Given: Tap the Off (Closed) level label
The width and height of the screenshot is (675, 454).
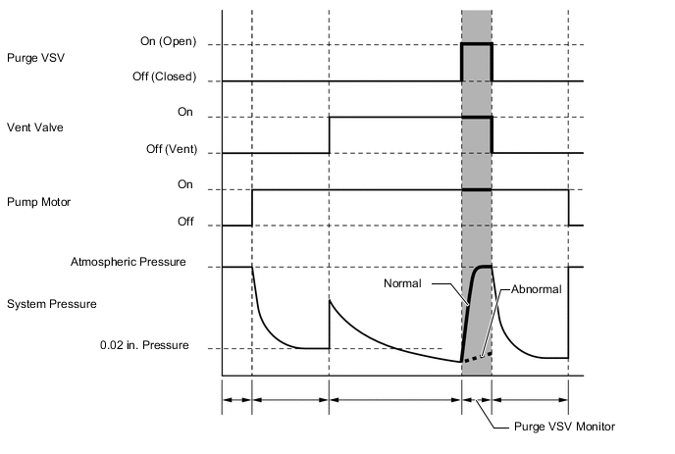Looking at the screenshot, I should [161, 77].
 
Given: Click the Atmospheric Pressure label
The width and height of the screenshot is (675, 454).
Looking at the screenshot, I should [128, 263].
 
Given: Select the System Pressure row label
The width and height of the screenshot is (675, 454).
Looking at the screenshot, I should [51, 304].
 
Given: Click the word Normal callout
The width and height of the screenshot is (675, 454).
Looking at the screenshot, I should [402, 283].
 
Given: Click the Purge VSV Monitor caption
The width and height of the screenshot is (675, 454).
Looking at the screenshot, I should [564, 427].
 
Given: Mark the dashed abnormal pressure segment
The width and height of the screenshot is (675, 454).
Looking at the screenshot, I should [477, 356].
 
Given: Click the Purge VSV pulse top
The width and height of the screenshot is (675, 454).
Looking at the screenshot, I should [477, 44].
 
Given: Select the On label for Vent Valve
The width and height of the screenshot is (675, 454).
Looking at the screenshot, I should [184, 114].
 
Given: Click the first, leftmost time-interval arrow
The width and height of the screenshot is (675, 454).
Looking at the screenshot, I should [237, 400].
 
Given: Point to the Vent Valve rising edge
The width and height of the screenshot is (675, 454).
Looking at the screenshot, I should [330, 135].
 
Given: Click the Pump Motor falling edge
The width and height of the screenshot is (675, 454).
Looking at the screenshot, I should [569, 207].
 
